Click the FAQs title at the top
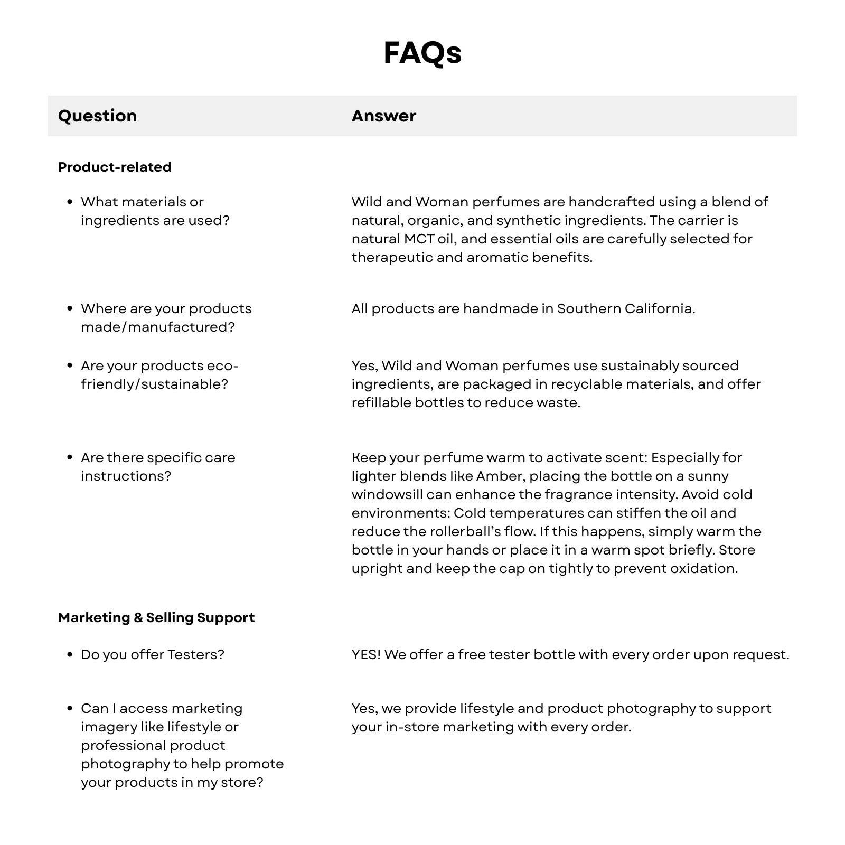click(x=422, y=53)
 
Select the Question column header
click(x=97, y=116)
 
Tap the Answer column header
click(x=384, y=116)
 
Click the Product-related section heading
click(x=115, y=167)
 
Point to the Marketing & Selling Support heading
click(x=156, y=617)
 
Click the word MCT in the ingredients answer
click(x=419, y=239)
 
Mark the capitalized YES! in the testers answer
click(x=366, y=654)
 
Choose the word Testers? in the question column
click(x=196, y=654)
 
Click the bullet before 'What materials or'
click(x=70, y=202)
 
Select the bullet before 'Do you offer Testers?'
click(x=70, y=654)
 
